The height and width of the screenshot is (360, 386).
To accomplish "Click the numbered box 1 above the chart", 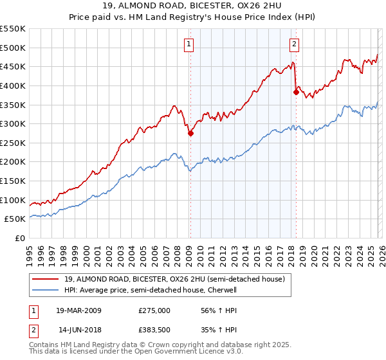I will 189,44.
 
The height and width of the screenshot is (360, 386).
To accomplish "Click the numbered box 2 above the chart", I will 294,44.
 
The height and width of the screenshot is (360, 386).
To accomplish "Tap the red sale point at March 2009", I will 190,134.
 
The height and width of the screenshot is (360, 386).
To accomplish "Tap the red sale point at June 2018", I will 296,92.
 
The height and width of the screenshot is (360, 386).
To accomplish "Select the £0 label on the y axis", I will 21,239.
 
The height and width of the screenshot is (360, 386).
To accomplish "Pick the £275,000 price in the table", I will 154,310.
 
